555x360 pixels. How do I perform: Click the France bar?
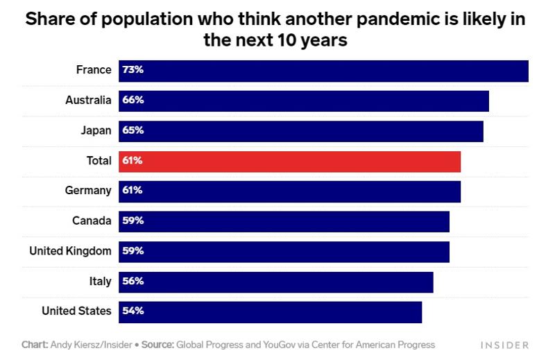(x=323, y=71)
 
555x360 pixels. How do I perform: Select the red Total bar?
(x=289, y=161)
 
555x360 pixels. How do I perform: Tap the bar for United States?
(x=270, y=311)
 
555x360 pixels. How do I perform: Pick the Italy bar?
(x=275, y=282)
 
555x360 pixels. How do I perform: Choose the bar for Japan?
(x=300, y=130)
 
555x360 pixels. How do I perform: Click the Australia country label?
(x=88, y=101)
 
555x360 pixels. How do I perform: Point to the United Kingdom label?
(x=70, y=251)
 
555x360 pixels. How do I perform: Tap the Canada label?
(x=92, y=221)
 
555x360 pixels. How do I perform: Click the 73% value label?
(x=133, y=71)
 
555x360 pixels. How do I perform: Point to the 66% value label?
(x=133, y=101)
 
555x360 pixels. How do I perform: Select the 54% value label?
(x=133, y=311)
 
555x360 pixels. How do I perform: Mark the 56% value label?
(x=133, y=282)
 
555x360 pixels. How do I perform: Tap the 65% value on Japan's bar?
(x=133, y=130)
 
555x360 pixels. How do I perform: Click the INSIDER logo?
(x=505, y=345)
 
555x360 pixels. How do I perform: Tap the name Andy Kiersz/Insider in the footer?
(x=90, y=344)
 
